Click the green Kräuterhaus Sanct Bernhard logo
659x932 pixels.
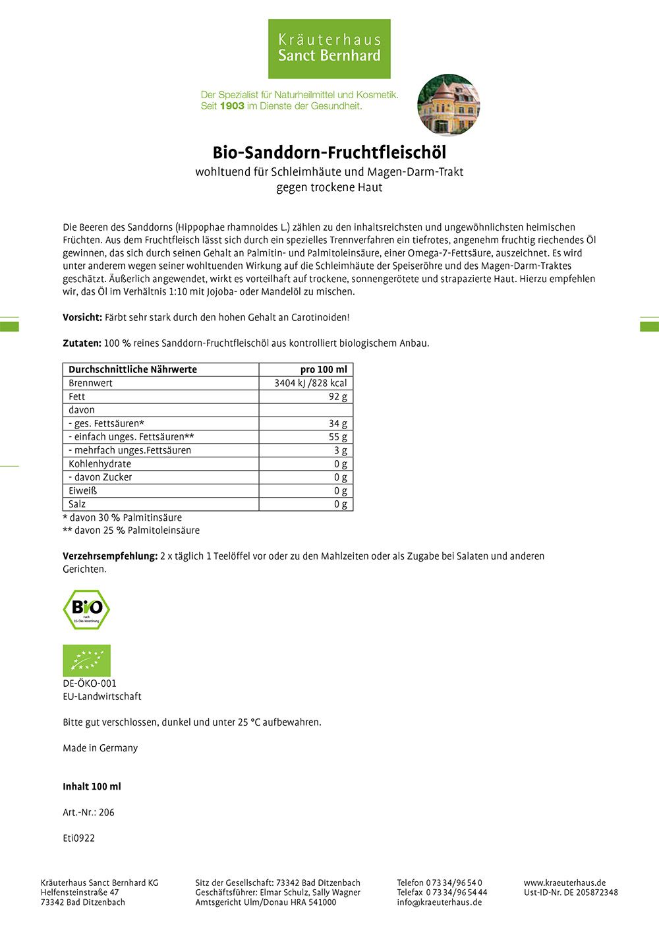point(329,49)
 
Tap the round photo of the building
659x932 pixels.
point(448,105)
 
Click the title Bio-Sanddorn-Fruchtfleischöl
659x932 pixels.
point(329,153)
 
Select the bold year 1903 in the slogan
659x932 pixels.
point(231,105)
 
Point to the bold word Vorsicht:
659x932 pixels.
point(82,318)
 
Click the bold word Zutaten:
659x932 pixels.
point(82,343)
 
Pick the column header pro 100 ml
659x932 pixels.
point(323,370)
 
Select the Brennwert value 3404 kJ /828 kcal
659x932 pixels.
point(310,383)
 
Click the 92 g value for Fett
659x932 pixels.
point(338,397)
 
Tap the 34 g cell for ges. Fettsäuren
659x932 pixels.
point(338,424)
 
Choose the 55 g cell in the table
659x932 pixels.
point(338,437)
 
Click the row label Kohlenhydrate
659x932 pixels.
point(100,464)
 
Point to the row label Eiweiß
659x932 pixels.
point(82,491)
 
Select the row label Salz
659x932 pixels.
point(77,504)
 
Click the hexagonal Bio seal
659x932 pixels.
point(86,609)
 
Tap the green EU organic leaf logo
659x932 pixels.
point(86,660)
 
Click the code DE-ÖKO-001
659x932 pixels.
point(90,684)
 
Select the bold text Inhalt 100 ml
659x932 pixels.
point(92,787)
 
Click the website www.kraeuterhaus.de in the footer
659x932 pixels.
point(565,883)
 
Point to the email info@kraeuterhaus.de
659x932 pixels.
point(439,902)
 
